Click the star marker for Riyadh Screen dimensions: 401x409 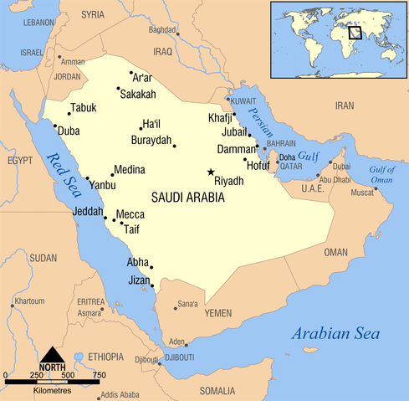point(211,172)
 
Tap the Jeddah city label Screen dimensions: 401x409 point(88,211)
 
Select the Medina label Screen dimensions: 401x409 point(129,170)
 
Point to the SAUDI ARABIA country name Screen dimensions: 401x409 point(188,198)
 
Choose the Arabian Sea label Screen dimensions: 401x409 point(335,335)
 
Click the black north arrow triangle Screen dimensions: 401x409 point(52,355)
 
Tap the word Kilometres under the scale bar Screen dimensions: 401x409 point(52,390)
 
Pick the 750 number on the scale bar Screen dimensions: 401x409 point(99,374)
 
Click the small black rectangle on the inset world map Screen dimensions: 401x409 point(355,33)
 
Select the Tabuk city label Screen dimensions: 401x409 point(84,108)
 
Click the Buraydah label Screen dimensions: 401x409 point(151,140)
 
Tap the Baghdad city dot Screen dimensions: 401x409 point(177,35)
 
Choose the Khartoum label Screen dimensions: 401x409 point(29,301)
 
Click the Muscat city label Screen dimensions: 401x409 point(362,193)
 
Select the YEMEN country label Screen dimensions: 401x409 point(217,312)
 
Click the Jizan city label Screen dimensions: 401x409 point(139,280)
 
